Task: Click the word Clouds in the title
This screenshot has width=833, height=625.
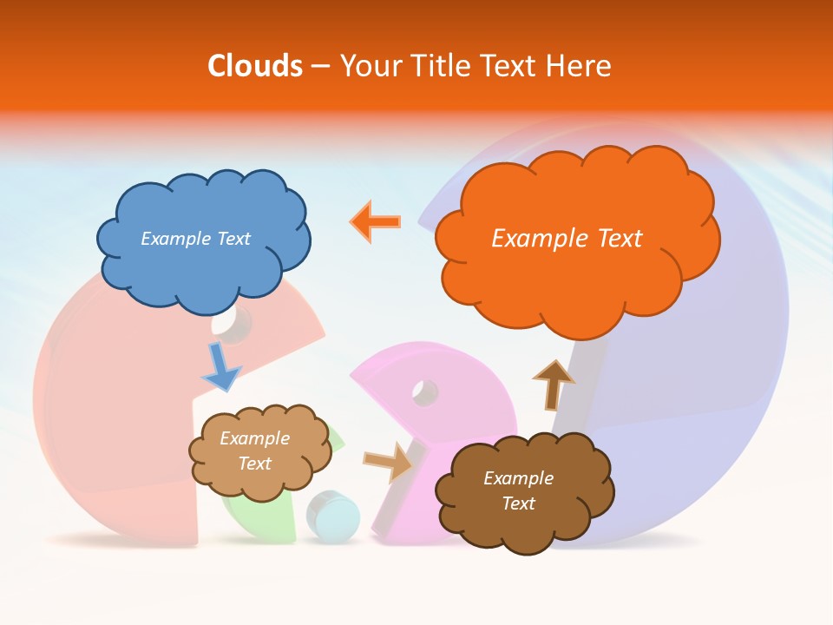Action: (x=255, y=66)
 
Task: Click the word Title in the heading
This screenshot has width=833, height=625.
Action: (x=440, y=66)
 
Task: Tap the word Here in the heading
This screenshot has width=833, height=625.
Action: (x=579, y=66)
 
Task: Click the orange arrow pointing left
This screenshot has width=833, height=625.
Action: (x=376, y=222)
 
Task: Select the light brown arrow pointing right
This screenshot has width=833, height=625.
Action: (x=389, y=461)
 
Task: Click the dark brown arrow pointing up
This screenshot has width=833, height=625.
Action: (x=553, y=385)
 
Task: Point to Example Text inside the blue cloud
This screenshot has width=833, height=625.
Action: (x=195, y=239)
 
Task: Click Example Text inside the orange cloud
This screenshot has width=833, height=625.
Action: (x=567, y=239)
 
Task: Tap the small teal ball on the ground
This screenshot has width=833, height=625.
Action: (x=334, y=516)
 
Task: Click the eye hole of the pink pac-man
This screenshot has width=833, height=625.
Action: (x=424, y=392)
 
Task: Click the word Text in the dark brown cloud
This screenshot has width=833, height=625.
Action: (x=518, y=503)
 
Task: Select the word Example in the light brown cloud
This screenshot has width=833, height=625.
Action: (x=254, y=438)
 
